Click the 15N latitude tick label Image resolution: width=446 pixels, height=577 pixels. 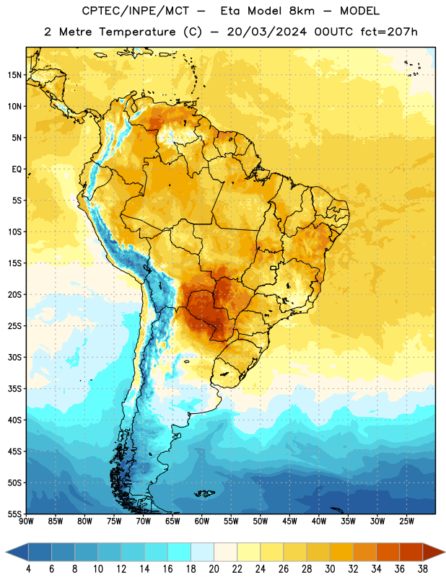tap(14, 75)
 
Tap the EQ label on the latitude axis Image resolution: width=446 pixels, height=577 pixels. tap(17, 169)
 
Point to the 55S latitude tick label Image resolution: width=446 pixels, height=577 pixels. tap(14, 514)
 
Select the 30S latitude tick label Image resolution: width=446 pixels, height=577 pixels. tap(14, 357)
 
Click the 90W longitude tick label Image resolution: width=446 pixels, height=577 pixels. tap(27, 521)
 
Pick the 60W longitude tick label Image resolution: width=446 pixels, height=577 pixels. tap(202, 521)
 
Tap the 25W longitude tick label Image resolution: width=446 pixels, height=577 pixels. tap(406, 521)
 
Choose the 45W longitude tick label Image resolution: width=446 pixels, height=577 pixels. tap(289, 521)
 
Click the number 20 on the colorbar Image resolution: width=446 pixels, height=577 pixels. tap(214, 569)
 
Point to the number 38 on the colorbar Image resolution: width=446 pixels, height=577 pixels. tap(423, 569)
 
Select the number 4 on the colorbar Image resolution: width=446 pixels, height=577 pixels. tap(28, 569)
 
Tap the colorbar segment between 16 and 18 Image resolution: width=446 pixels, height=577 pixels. tap(180, 552)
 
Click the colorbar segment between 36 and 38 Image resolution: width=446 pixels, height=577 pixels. tap(411, 552)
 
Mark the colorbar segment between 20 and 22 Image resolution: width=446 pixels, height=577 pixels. tap(226, 552)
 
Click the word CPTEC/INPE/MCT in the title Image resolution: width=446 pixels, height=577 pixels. tap(136, 11)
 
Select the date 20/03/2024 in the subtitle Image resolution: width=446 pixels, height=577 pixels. tap(266, 32)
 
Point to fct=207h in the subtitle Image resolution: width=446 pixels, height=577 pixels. tap(389, 32)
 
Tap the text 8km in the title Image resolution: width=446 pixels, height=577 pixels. tap(302, 11)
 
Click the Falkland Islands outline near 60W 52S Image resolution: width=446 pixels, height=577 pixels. tap(205, 493)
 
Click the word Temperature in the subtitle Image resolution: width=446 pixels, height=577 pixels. tap(137, 32)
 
